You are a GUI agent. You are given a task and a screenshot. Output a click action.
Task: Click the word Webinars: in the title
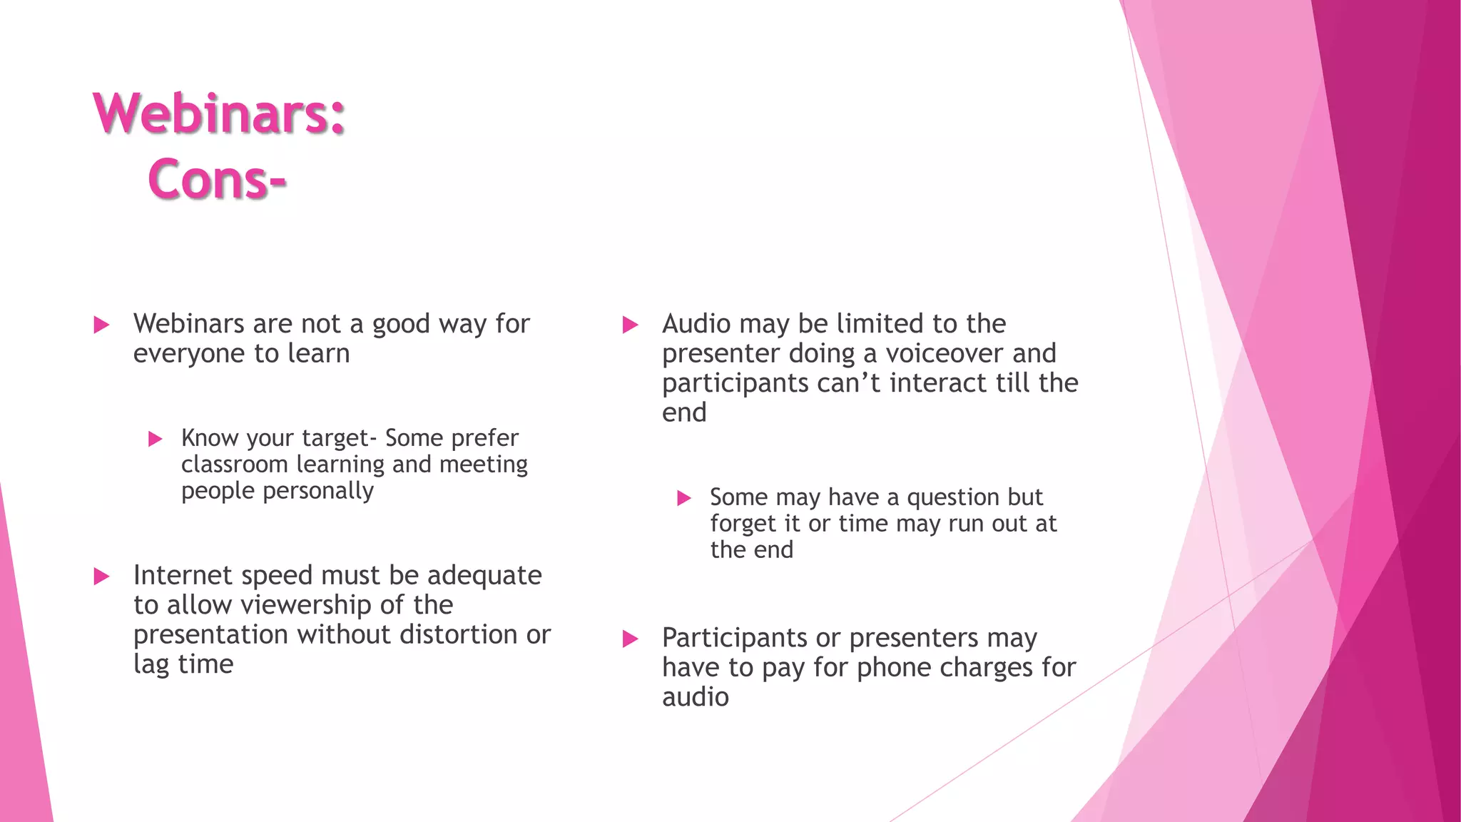pyautogui.click(x=219, y=113)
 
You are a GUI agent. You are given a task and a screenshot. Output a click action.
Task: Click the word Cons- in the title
pyautogui.click(x=217, y=178)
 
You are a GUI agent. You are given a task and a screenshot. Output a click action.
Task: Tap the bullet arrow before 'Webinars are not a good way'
pyautogui.click(x=101, y=325)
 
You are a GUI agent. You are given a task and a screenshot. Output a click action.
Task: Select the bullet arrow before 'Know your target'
pyautogui.click(x=155, y=439)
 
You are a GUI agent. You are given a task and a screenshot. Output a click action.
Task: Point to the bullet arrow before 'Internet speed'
pyautogui.click(x=101, y=577)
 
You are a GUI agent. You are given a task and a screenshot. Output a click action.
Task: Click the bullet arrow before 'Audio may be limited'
pyautogui.click(x=630, y=325)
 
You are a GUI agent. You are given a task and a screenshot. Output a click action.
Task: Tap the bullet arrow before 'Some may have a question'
pyautogui.click(x=683, y=498)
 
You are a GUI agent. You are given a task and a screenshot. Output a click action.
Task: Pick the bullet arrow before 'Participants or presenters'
pyautogui.click(x=630, y=639)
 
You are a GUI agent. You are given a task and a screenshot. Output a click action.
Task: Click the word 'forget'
pyautogui.click(x=742, y=524)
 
